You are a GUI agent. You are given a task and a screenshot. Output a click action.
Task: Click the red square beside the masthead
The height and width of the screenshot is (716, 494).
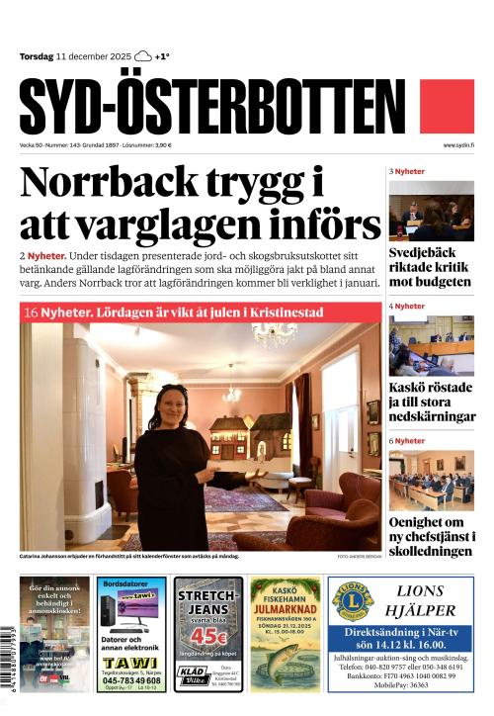click(447, 107)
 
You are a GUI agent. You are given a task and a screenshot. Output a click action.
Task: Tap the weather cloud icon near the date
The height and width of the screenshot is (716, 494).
click(143, 56)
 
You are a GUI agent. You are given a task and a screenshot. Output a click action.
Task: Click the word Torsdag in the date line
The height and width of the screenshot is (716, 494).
click(37, 56)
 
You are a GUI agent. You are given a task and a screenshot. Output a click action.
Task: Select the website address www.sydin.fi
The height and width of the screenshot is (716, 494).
click(458, 145)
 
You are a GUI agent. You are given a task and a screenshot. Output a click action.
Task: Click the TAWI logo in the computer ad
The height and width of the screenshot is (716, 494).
click(132, 662)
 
